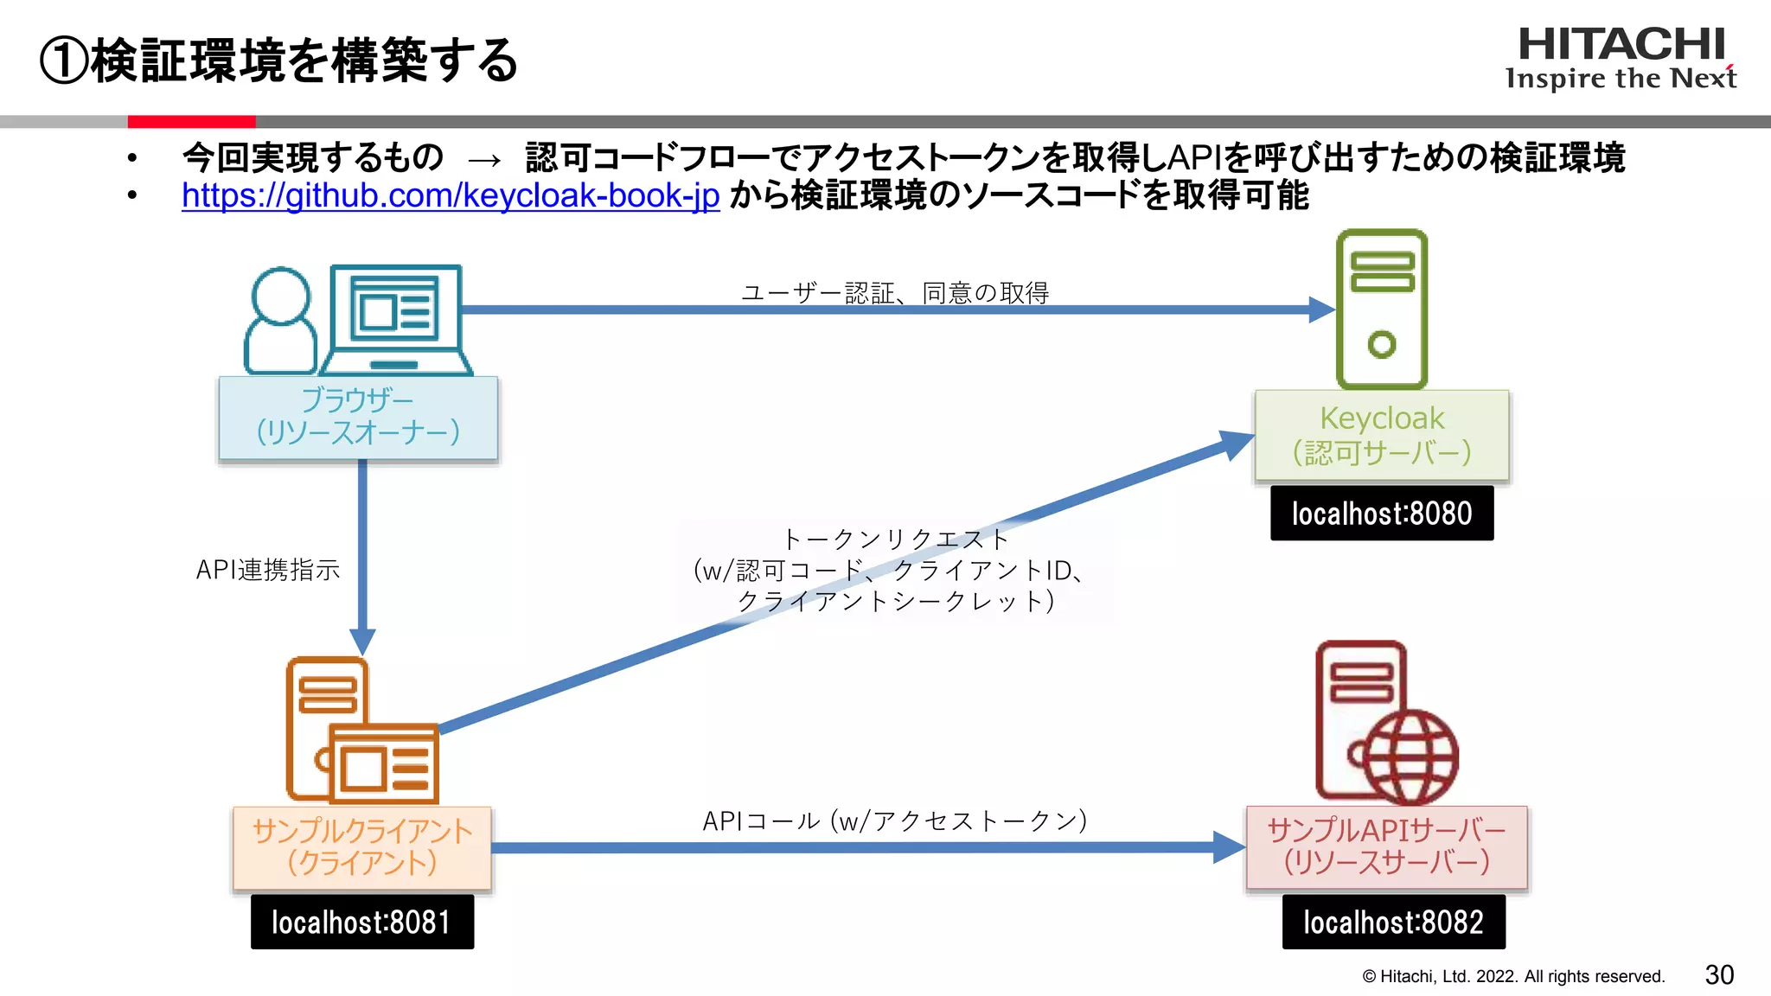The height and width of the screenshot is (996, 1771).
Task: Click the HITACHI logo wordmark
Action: [x=1621, y=45]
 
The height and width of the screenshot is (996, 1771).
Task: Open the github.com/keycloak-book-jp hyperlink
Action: [x=450, y=196]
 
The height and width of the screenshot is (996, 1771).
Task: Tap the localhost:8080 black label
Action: [x=1381, y=514]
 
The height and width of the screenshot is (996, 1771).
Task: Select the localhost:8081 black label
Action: [x=361, y=923]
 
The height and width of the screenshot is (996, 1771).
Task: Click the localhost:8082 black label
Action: [x=1393, y=923]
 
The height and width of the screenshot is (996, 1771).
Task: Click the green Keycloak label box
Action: [x=1381, y=435]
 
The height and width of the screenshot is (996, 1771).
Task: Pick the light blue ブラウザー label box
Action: [x=358, y=417]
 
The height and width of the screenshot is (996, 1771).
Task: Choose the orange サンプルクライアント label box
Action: [x=361, y=847]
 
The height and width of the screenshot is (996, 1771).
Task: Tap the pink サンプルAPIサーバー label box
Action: [x=1386, y=847]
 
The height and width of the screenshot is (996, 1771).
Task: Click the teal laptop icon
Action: [x=396, y=318]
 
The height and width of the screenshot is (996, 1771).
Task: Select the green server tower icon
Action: [x=1381, y=309]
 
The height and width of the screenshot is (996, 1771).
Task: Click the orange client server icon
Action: [x=361, y=731]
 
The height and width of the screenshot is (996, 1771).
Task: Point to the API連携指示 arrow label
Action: [x=267, y=570]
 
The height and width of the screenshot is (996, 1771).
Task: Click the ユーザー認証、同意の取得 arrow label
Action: [x=895, y=293]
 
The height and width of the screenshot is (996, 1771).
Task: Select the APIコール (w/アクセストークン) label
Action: [x=894, y=820]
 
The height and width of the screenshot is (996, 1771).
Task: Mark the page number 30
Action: [x=1719, y=975]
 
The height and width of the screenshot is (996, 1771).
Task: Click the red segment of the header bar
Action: [x=191, y=122]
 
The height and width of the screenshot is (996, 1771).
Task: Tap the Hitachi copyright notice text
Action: [x=1513, y=977]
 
